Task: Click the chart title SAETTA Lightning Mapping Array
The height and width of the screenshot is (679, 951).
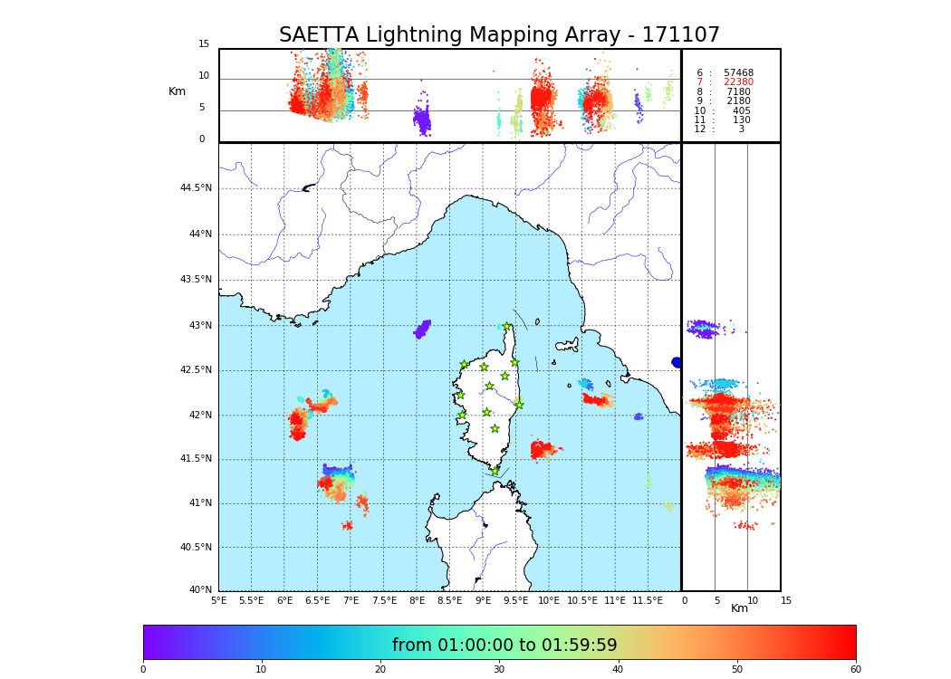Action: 499,35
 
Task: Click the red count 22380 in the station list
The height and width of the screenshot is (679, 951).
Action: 738,82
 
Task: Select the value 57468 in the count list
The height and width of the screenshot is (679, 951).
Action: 738,72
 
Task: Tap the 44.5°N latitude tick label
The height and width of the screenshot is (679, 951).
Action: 196,188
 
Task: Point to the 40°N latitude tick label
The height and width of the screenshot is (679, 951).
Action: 200,590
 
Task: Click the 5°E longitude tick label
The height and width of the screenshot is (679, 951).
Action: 219,600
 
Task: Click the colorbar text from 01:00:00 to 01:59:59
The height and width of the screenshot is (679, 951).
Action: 504,646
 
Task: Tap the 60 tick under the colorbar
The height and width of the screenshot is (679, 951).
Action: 855,670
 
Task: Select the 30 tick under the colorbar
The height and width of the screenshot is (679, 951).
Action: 499,670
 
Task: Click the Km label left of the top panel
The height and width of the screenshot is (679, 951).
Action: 177,91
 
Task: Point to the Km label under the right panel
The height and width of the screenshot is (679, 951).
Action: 739,608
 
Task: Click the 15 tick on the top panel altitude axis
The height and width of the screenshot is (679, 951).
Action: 204,44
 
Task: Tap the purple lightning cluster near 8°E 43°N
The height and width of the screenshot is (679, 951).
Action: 422,329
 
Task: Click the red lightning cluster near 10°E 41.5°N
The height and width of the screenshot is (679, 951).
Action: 543,449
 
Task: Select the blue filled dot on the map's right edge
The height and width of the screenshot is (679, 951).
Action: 677,362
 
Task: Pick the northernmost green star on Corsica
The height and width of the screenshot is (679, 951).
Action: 507,326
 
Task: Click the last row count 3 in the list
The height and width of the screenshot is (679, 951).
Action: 741,129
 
